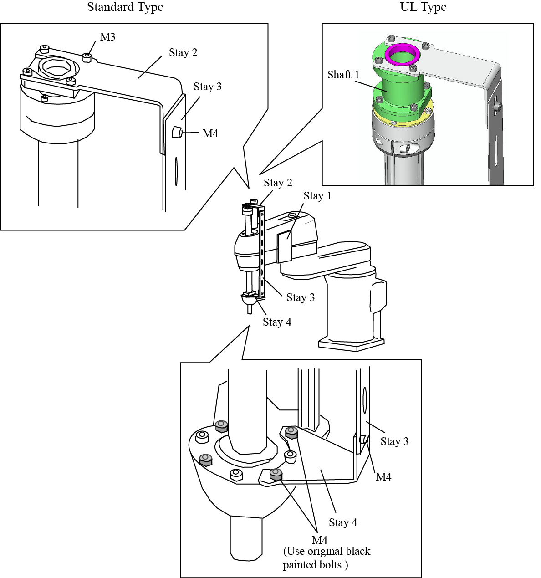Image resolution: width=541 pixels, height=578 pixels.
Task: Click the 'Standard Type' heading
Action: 125,7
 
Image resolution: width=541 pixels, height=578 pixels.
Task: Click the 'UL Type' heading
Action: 423,7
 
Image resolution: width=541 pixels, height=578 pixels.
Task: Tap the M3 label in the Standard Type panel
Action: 108,37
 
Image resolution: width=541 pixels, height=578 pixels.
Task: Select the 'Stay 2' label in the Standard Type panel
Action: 183,53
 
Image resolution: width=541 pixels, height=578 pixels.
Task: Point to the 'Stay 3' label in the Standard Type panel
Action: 208,87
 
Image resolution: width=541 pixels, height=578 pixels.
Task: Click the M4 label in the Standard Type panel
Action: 210,133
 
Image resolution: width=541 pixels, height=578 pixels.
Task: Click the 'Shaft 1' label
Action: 343,75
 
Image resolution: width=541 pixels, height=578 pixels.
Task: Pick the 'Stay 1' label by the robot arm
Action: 317,196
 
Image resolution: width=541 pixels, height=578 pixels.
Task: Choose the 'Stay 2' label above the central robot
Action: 278,183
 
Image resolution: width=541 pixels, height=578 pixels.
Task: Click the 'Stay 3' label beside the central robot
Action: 301,298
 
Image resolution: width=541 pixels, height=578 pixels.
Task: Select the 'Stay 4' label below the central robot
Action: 277,322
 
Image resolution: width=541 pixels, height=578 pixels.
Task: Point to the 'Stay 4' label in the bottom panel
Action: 343,522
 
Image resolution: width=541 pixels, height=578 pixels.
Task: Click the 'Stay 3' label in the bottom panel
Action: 394,441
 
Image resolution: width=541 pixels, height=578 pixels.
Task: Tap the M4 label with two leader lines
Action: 320,540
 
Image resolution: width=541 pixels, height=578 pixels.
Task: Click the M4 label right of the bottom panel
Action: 383,477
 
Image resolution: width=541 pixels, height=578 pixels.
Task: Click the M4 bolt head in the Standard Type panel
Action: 177,133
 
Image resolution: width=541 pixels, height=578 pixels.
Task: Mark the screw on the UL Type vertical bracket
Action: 499,107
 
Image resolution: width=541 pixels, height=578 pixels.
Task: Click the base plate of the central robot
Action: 351,344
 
